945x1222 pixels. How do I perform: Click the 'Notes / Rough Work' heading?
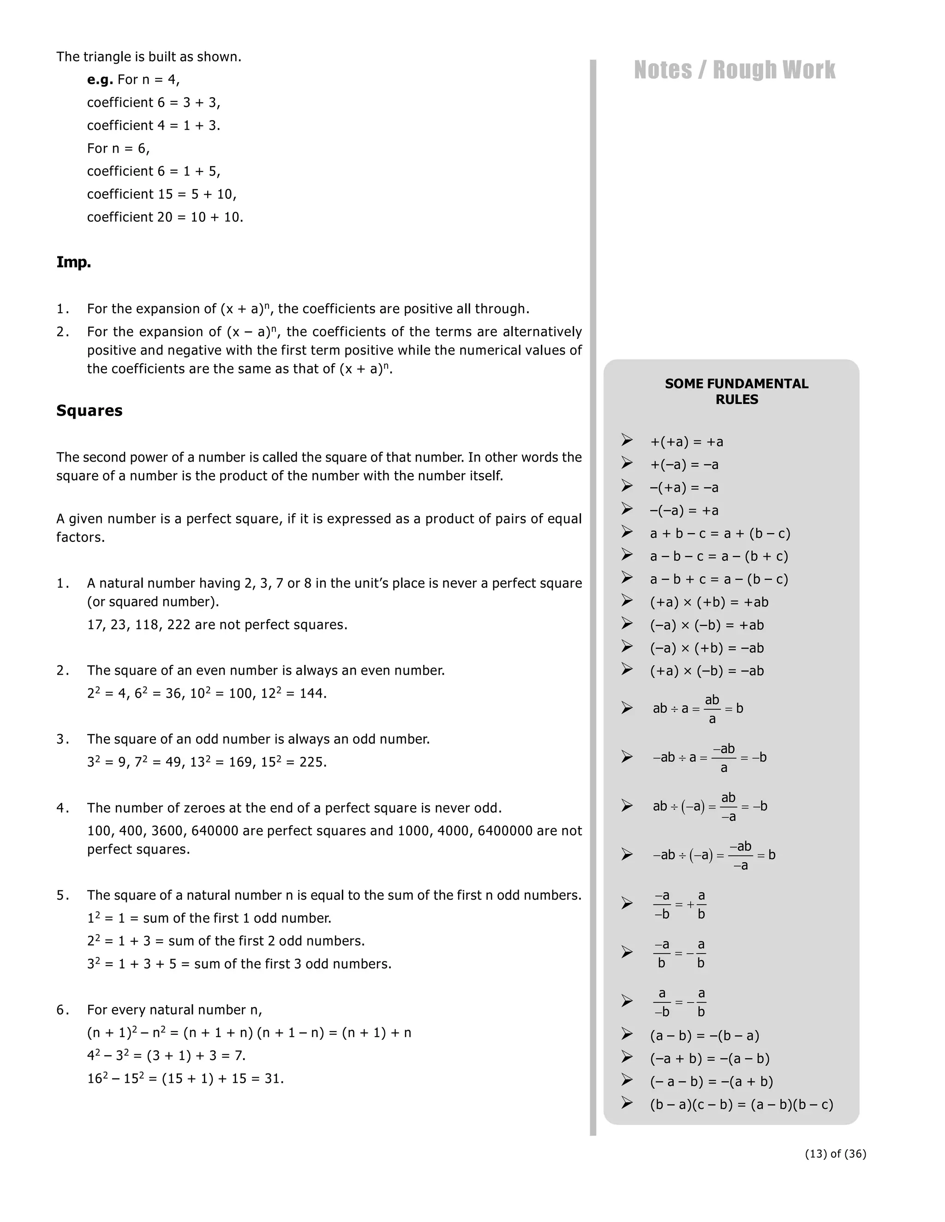[734, 70]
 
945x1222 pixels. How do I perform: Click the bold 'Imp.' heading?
[73, 262]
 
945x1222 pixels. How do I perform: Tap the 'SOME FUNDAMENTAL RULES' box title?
[736, 391]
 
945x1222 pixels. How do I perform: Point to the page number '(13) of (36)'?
[835, 1153]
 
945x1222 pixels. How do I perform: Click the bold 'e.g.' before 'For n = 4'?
[100, 79]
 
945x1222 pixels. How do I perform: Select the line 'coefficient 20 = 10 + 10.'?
[165, 217]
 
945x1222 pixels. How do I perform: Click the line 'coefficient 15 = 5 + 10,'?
[162, 194]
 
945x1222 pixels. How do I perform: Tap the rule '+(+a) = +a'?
[686, 442]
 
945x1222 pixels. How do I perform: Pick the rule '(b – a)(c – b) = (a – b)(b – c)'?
[741, 1104]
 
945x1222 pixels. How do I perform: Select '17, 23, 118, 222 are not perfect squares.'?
[217, 624]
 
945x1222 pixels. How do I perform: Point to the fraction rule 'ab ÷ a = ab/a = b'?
[698, 708]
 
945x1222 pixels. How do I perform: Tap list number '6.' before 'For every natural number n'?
[63, 1009]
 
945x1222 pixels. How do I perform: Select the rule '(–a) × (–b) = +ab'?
[706, 625]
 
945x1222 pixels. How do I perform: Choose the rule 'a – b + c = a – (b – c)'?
[719, 579]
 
